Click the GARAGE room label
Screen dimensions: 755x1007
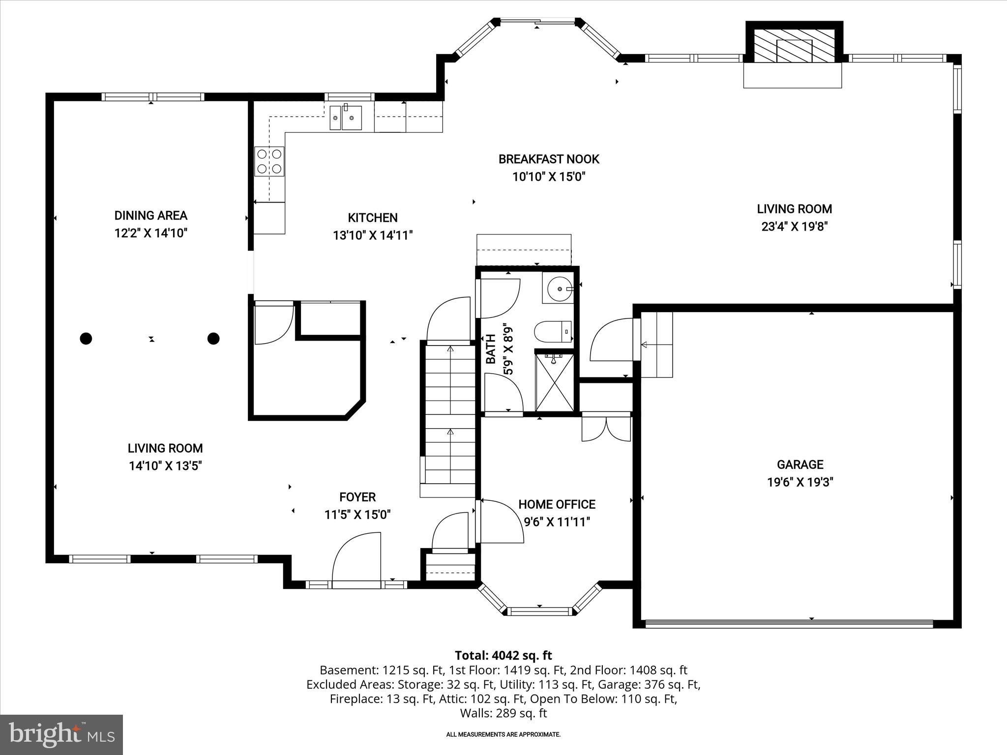[800, 465]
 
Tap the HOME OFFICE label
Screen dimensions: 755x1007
[557, 504]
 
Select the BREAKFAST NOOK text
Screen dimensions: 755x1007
[549, 159]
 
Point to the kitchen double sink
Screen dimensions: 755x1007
[346, 118]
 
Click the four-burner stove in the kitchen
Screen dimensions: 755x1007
[269, 161]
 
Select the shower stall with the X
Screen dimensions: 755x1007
[554, 382]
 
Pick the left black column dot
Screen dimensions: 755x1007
[86, 338]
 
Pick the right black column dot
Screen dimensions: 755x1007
[213, 338]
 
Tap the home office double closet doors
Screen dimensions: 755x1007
[606, 429]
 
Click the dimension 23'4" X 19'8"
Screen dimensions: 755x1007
[795, 227]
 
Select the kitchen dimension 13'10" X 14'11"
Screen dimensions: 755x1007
[373, 235]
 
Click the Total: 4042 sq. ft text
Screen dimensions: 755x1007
[503, 655]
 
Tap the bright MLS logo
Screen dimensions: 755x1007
[61, 734]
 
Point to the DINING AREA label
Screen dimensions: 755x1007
[151, 215]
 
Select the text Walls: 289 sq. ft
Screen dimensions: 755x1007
[503, 713]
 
